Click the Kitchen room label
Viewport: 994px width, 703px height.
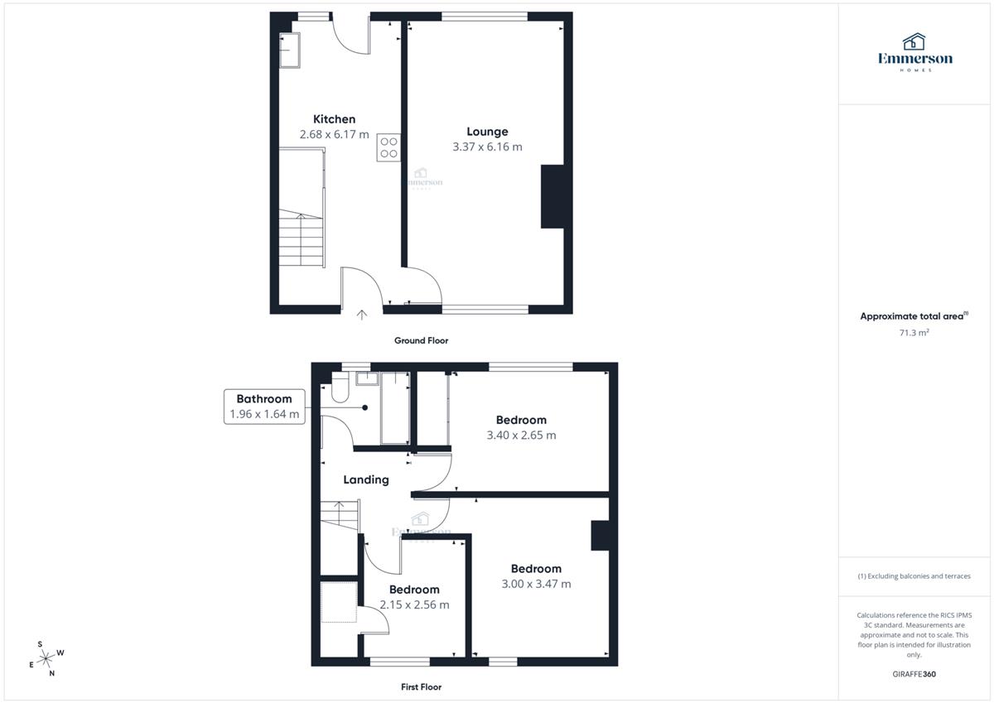(x=334, y=119)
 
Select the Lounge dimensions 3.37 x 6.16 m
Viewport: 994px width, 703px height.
(x=487, y=147)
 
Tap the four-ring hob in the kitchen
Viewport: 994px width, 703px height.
(x=388, y=147)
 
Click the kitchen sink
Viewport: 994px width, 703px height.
(x=290, y=51)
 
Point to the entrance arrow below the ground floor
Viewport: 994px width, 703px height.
(x=362, y=315)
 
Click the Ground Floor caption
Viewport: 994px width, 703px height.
(x=421, y=340)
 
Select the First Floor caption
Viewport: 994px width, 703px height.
(x=421, y=687)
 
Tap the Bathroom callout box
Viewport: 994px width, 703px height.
(x=264, y=407)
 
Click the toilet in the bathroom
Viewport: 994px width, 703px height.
(x=340, y=388)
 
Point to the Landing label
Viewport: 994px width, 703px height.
(x=366, y=479)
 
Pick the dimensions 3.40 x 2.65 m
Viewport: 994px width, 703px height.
(x=521, y=435)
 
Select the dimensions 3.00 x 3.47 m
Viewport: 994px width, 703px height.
(x=536, y=584)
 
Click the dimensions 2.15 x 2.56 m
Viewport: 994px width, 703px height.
(x=414, y=604)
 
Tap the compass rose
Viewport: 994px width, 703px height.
(x=46, y=658)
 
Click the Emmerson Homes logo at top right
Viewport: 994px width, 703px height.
(x=915, y=52)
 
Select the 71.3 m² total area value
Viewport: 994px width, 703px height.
(x=914, y=333)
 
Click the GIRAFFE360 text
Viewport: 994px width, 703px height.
(x=914, y=674)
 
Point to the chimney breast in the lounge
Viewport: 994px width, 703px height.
(x=552, y=196)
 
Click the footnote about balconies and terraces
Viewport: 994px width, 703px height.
(x=914, y=576)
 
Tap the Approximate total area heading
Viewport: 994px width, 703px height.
(x=914, y=316)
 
